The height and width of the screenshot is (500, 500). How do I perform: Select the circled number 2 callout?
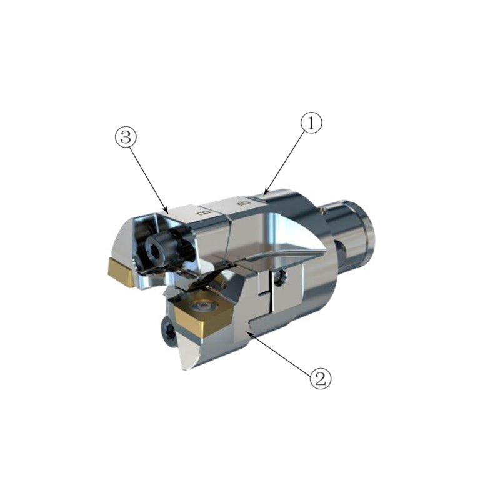click(319, 377)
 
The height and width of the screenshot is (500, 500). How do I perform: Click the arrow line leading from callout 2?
click(281, 354)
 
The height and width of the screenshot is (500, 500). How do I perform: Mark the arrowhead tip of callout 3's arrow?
click(167, 209)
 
